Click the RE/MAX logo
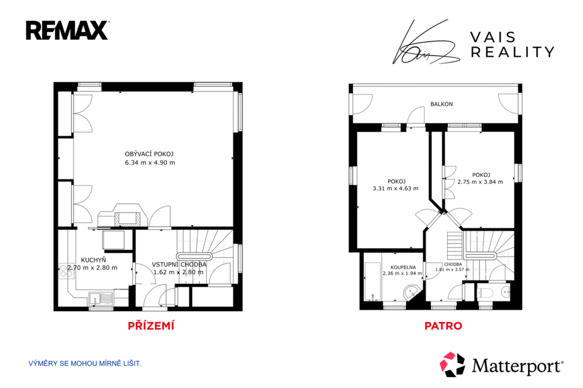67,31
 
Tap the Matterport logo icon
453,364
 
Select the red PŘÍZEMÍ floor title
151,326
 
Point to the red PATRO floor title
443,326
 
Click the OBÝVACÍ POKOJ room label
149,154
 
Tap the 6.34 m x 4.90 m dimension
150,162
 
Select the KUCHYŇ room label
93,260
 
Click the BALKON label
442,104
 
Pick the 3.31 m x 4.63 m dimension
396,188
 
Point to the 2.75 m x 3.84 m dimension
481,181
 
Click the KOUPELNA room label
403,267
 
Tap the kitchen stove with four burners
66,271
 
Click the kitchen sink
101,299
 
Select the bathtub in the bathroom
372,282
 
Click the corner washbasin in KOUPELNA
412,292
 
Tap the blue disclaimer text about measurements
85,364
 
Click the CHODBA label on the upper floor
453,264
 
